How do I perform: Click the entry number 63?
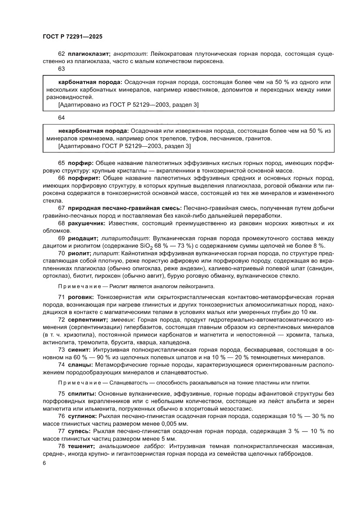[61, 69]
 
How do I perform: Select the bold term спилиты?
[82, 394]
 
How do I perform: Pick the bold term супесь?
[79, 431]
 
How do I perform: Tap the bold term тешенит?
[82, 446]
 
